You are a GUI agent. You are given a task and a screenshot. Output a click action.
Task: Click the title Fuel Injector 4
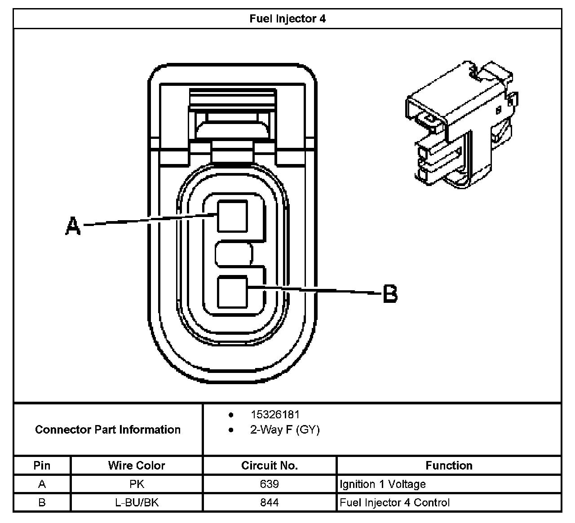[x=287, y=19]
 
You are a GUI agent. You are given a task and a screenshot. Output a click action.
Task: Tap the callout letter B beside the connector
[x=390, y=294]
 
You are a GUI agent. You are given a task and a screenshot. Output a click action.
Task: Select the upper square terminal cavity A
[x=232, y=216]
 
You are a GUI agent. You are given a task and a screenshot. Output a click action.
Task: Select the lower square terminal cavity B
[x=232, y=292]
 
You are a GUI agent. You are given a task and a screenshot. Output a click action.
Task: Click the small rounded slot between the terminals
[x=233, y=255]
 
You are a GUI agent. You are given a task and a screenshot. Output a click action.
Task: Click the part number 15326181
[x=275, y=414]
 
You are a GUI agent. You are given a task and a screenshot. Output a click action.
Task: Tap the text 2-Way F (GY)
[x=285, y=430]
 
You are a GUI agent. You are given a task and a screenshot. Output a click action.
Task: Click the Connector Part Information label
[x=108, y=430]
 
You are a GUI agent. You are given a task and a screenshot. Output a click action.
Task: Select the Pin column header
[x=42, y=465]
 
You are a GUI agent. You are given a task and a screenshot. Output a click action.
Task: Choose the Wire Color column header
[x=137, y=465]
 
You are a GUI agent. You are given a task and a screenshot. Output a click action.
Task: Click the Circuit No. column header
[x=270, y=465]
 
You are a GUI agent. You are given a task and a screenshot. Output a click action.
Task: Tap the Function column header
[x=449, y=465]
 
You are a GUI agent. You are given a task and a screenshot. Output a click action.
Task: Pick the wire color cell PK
[x=137, y=484]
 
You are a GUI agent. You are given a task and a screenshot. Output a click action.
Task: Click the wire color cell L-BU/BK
[x=137, y=502]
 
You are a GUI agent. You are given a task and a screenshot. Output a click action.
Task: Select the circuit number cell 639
[x=270, y=484]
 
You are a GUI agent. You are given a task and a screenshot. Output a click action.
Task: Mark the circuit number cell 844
[x=270, y=502]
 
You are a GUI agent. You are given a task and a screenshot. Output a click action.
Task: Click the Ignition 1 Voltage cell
[x=383, y=484]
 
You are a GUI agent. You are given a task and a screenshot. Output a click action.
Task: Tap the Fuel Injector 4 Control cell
[x=395, y=502]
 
